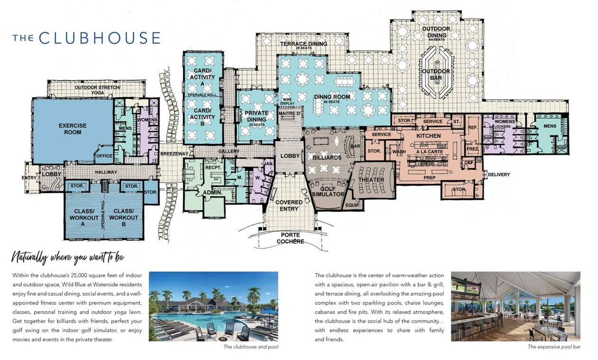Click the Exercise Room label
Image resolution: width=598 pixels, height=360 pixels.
pyautogui.click(x=73, y=129)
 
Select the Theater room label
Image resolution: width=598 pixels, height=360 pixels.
pyautogui.click(x=371, y=180)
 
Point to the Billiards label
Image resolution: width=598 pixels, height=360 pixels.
pyautogui.click(x=327, y=158)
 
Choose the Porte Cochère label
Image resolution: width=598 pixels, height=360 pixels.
pyautogui.click(x=290, y=238)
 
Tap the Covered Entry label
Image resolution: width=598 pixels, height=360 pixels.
pyautogui.click(x=289, y=206)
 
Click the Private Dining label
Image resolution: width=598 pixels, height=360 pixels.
pyautogui.click(x=257, y=116)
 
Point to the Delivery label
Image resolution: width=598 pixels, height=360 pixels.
pyautogui.click(x=498, y=174)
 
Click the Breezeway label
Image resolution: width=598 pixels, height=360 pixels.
pyautogui.click(x=174, y=154)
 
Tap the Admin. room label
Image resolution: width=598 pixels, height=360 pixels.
pyautogui.click(x=213, y=192)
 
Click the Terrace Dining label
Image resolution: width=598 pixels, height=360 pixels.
pyautogui.click(x=303, y=44)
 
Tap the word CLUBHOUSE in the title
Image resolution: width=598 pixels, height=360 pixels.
pyautogui.click(x=99, y=38)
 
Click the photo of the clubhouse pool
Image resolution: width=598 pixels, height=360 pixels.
pyautogui.click(x=214, y=306)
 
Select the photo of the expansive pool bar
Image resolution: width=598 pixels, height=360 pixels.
pyautogui.click(x=515, y=306)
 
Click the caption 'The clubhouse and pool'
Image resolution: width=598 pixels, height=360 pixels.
pyautogui.click(x=251, y=347)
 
